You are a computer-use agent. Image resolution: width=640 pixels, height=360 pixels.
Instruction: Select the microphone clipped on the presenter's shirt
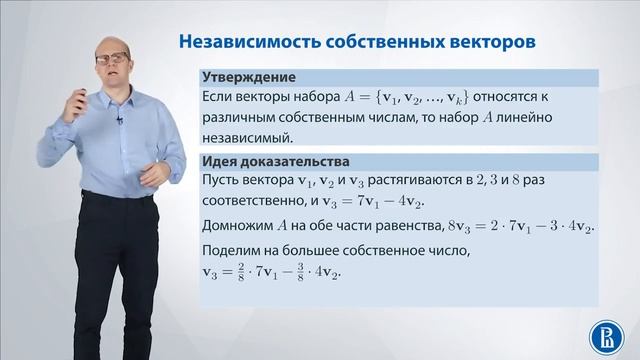[x=119, y=121]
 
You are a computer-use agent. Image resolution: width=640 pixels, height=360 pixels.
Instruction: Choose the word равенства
[x=406, y=229]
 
